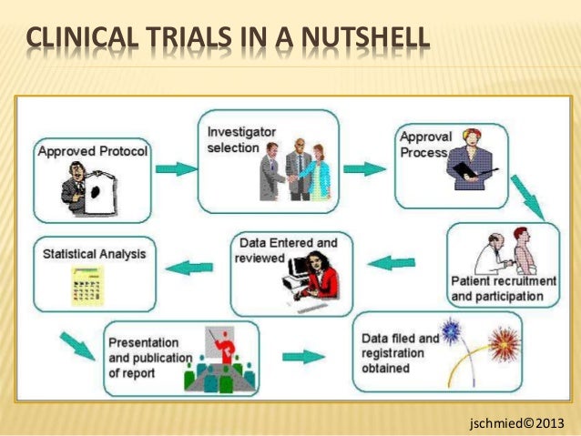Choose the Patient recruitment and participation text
(x=504, y=289)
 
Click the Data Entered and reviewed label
(x=284, y=250)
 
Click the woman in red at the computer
(x=323, y=278)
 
